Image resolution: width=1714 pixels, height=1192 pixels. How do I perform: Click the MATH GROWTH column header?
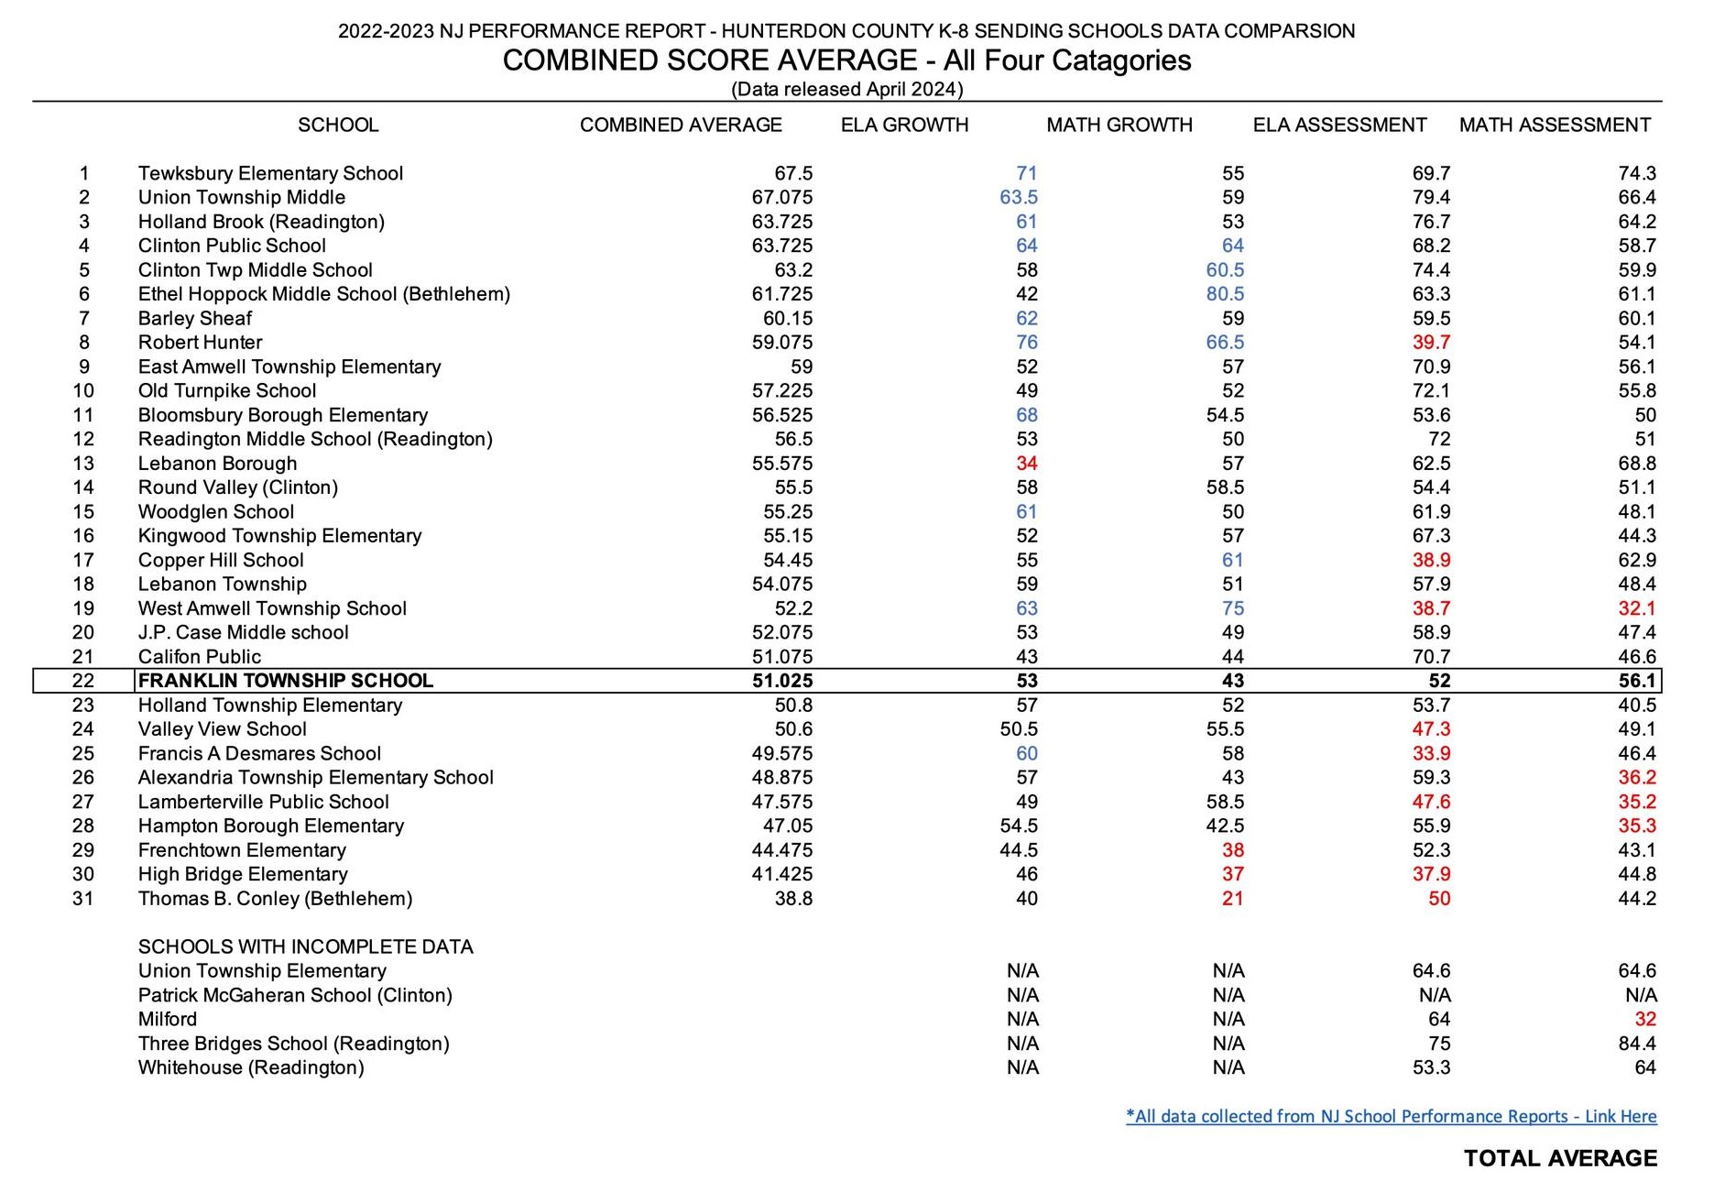(x=1119, y=125)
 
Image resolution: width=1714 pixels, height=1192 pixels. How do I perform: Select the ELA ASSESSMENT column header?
(x=1339, y=125)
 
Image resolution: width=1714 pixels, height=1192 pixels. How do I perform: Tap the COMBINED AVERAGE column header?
(x=681, y=125)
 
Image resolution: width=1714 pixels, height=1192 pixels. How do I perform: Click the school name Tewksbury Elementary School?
(x=270, y=173)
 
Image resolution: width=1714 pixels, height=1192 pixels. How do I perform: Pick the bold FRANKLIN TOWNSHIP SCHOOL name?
(x=285, y=681)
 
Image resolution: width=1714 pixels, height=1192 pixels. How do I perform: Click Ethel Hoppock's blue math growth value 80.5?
(x=1225, y=294)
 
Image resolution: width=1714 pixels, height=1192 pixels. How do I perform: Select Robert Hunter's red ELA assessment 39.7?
(x=1431, y=343)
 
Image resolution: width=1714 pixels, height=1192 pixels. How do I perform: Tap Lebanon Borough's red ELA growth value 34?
(x=1026, y=464)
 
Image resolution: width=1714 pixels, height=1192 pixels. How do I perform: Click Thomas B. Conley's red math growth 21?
(x=1232, y=899)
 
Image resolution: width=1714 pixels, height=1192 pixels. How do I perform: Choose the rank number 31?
(x=83, y=899)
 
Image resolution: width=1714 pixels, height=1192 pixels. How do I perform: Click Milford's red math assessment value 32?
(x=1645, y=1019)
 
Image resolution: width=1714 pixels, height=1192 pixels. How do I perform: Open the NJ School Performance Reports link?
(x=1391, y=1116)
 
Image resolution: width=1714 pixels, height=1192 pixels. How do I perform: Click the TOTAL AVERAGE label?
(x=1560, y=1159)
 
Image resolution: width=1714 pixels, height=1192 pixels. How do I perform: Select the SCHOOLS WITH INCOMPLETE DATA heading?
(x=305, y=946)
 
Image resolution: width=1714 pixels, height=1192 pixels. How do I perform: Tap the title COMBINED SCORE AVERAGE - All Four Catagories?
(x=846, y=60)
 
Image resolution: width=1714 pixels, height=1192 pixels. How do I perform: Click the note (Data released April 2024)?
(x=846, y=89)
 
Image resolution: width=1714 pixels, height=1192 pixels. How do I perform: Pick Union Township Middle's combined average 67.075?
(x=781, y=197)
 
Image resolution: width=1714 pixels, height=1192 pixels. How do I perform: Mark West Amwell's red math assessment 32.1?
(x=1637, y=608)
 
